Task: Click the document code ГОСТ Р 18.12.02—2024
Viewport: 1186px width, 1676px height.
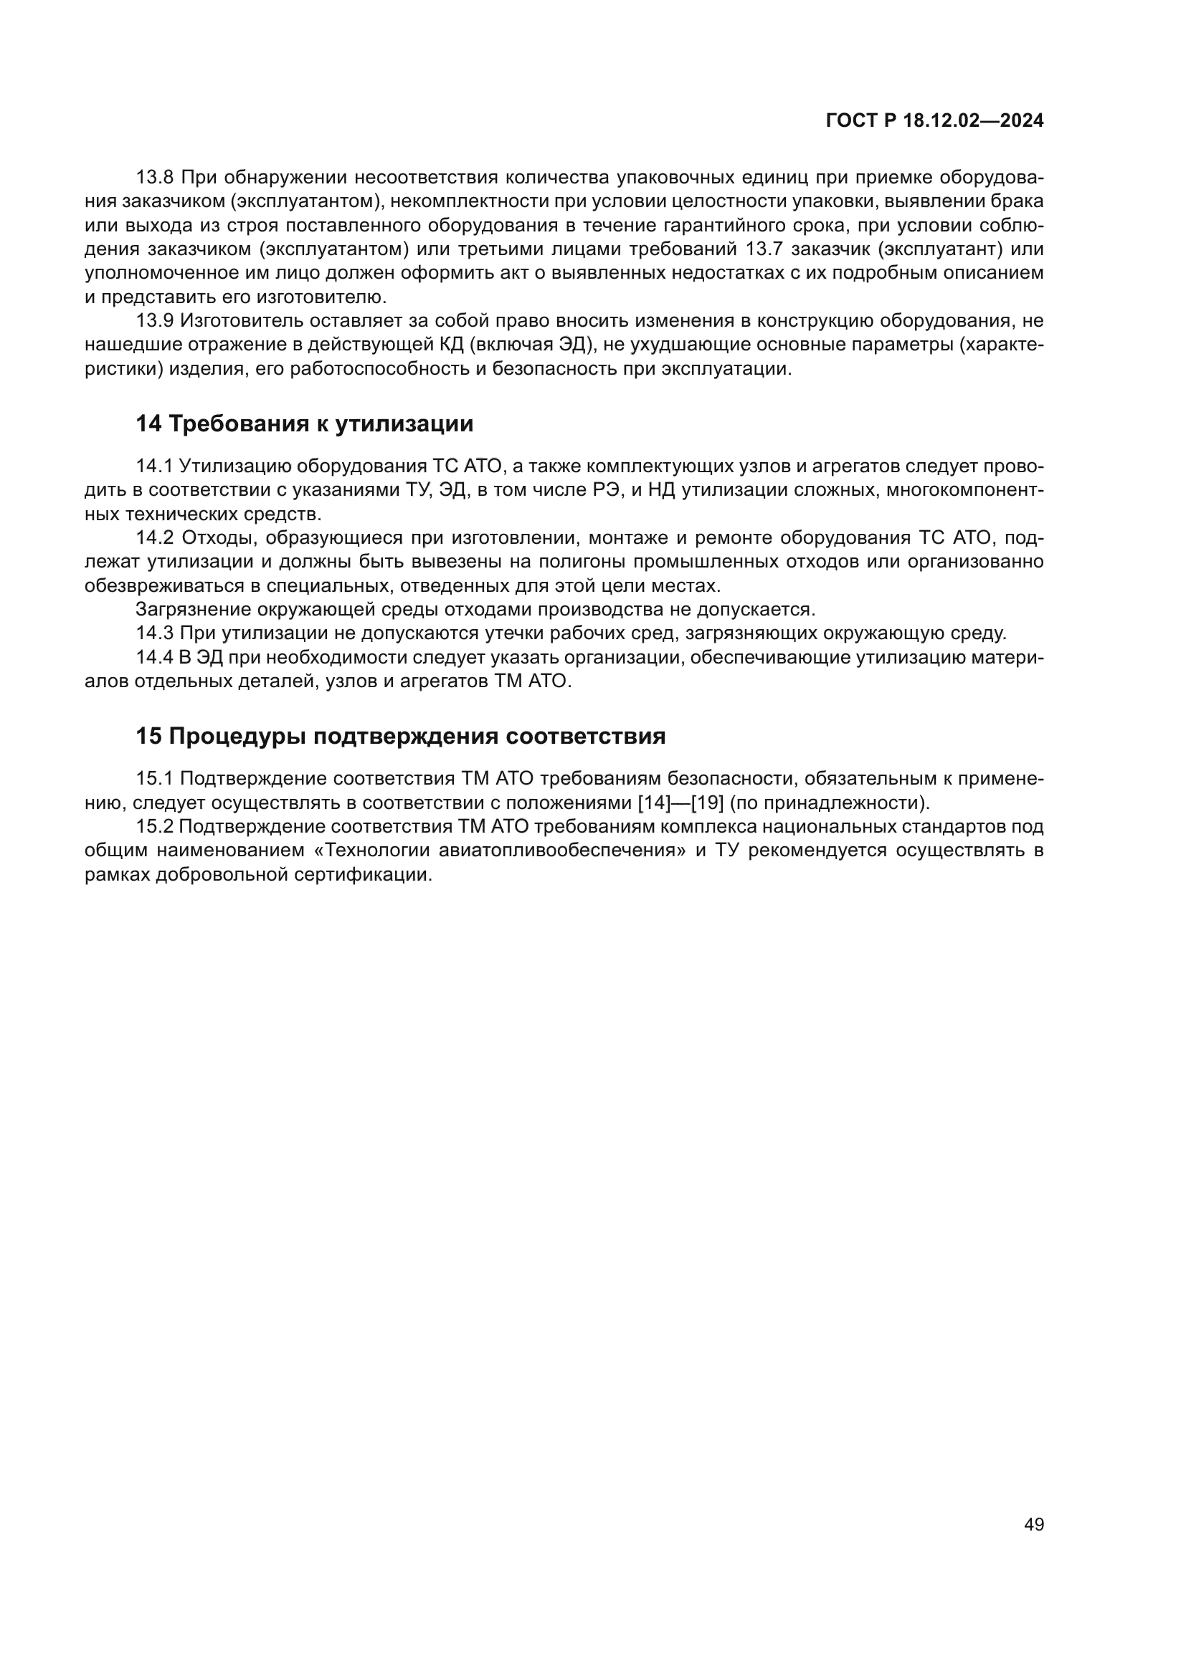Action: pos(934,121)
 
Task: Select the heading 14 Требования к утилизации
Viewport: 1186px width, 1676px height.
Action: pos(305,423)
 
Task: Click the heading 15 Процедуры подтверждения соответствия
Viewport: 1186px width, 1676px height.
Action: pos(400,736)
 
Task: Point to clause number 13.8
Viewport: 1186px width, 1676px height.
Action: pos(155,178)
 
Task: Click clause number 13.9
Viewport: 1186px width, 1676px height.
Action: pos(155,320)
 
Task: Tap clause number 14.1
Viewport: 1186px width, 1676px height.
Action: pos(154,466)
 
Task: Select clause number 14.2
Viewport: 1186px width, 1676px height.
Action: pos(155,537)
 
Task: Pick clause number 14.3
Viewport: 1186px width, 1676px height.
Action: pos(155,633)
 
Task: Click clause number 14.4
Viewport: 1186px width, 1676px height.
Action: pos(155,657)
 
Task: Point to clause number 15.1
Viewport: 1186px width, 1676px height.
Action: pos(154,779)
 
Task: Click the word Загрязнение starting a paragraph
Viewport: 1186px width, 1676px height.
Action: pos(189,609)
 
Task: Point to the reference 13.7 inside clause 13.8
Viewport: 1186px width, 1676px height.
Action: pos(764,249)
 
